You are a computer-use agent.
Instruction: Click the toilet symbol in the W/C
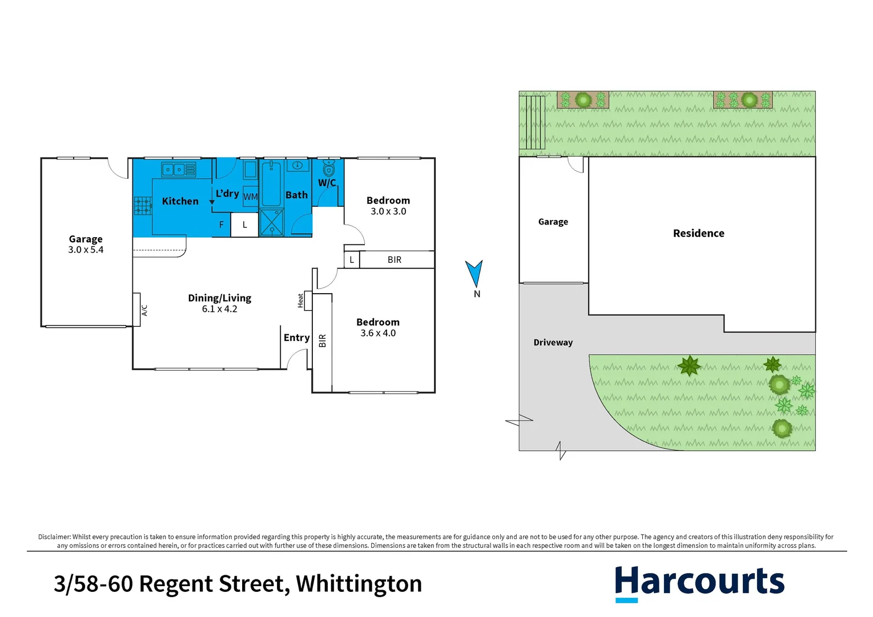point(328,168)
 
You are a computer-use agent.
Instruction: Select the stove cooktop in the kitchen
point(143,205)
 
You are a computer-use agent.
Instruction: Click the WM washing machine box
point(251,196)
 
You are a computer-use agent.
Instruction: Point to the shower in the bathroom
point(272,222)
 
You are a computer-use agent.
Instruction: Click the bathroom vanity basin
point(297,166)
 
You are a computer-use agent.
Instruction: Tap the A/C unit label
point(144,310)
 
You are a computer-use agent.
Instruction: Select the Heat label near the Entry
point(301,301)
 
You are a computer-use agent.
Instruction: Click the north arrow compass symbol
point(474,274)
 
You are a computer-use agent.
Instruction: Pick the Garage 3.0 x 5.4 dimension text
point(86,250)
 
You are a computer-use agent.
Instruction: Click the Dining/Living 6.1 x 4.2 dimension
point(219,309)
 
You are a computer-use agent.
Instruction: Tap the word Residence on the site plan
point(698,233)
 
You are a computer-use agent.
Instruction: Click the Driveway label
point(553,342)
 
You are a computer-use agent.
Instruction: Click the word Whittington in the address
point(359,584)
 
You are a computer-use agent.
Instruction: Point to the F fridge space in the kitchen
point(222,225)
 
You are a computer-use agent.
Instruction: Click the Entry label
point(296,338)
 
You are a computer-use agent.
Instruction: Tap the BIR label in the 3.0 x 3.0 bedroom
point(395,259)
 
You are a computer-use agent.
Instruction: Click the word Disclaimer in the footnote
point(54,537)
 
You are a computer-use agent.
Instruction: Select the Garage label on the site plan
point(553,222)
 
